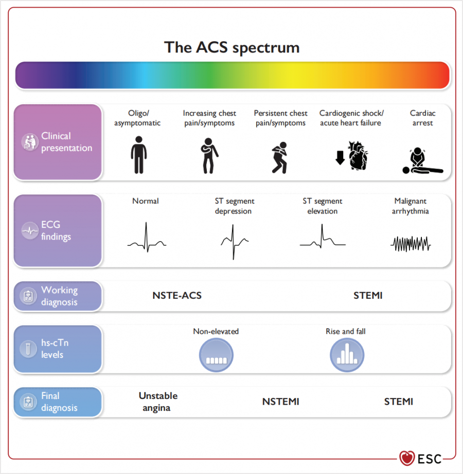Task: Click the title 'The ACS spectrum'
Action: click(x=232, y=47)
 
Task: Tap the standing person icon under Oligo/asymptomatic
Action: click(x=139, y=155)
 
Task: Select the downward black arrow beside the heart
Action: click(x=340, y=158)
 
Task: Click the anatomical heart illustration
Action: click(x=358, y=156)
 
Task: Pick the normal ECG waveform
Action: click(x=147, y=238)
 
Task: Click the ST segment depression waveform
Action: click(x=235, y=242)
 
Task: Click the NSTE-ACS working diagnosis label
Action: click(x=177, y=295)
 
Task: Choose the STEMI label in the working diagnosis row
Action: click(x=368, y=295)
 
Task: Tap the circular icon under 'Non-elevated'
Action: click(x=216, y=355)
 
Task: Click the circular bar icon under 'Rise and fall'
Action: click(x=347, y=355)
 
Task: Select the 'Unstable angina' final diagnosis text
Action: click(x=158, y=402)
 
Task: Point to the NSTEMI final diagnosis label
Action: click(x=281, y=402)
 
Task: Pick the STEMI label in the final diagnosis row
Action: click(x=399, y=402)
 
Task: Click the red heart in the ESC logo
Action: click(x=407, y=458)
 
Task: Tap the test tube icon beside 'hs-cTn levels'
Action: click(x=28, y=349)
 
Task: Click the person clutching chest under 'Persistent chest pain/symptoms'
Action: click(x=280, y=157)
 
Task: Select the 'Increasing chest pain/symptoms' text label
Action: click(x=209, y=118)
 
